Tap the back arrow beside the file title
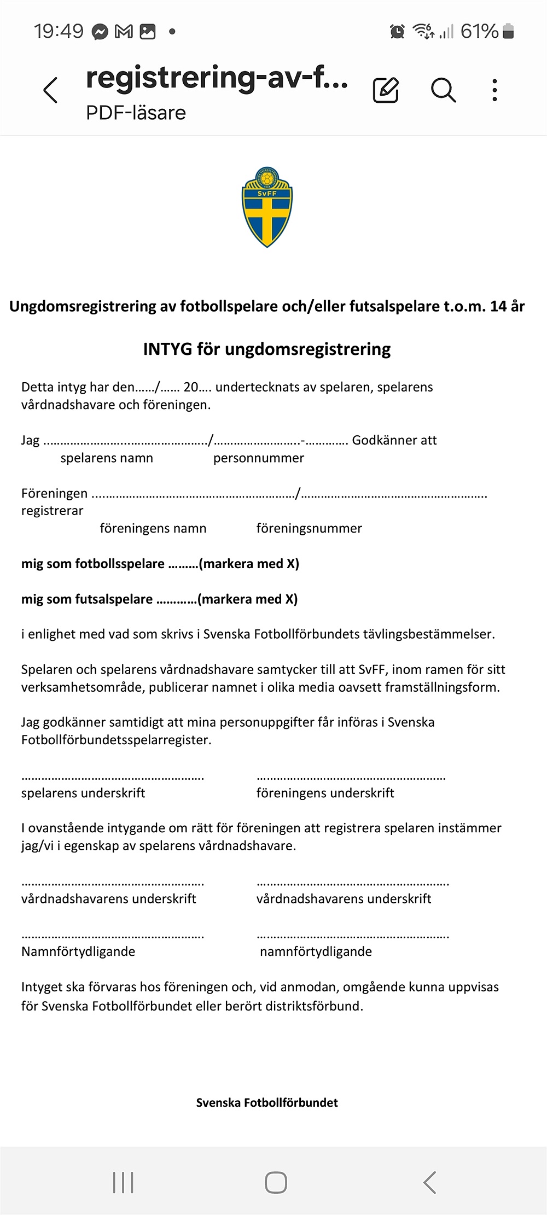(x=50, y=90)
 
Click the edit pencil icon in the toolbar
(x=386, y=90)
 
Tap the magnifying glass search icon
(x=443, y=90)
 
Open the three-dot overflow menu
(x=494, y=90)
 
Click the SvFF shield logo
(x=267, y=207)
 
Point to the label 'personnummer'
(x=258, y=458)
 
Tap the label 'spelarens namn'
(x=107, y=458)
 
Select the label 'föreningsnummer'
(x=309, y=528)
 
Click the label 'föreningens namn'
(x=153, y=528)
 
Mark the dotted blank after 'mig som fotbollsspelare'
(x=183, y=565)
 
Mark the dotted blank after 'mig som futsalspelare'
(x=176, y=600)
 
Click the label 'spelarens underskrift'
(x=83, y=793)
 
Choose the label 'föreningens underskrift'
(x=325, y=793)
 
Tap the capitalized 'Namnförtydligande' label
(x=78, y=951)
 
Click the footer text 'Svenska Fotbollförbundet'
(x=267, y=1102)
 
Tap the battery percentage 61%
(x=479, y=32)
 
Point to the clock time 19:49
(x=59, y=32)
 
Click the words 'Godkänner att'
(x=394, y=440)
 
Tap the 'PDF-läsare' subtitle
(x=136, y=113)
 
